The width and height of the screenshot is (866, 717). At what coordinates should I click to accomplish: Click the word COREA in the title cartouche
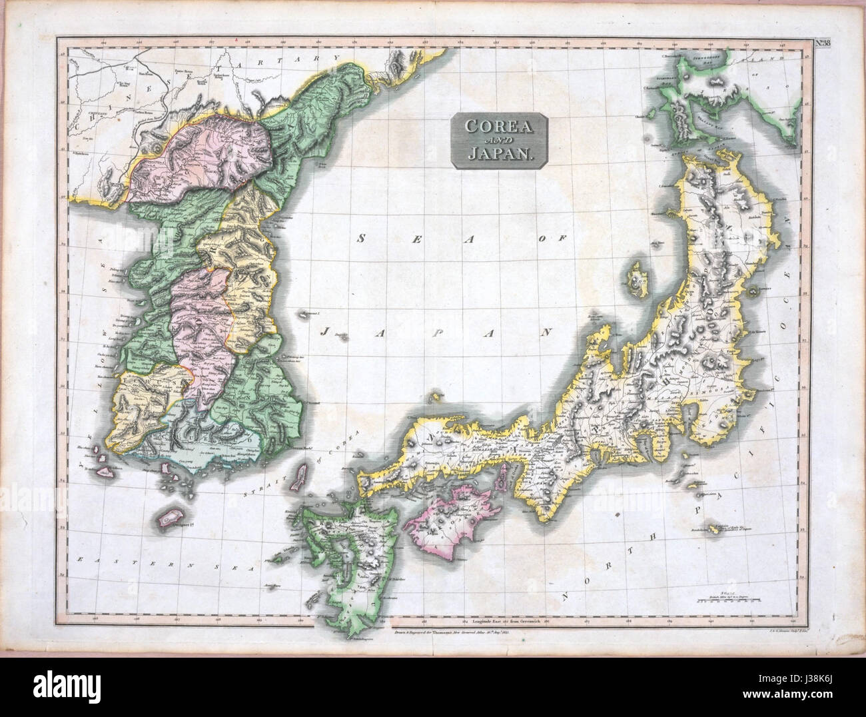point(499,126)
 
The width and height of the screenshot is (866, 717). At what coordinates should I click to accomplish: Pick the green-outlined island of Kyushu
point(340,553)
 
